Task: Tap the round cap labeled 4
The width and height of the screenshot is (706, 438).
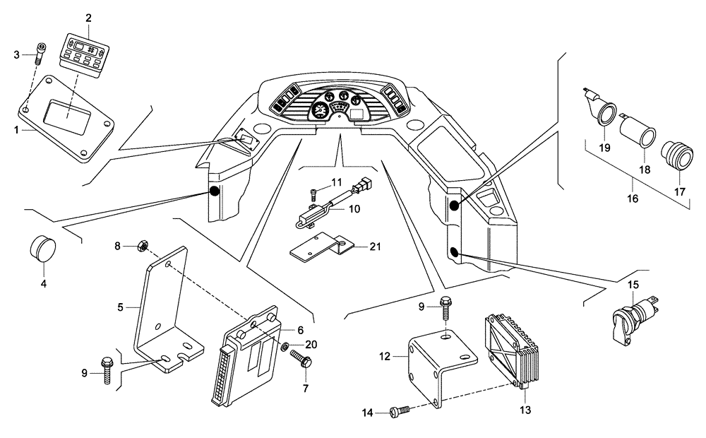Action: click(44, 248)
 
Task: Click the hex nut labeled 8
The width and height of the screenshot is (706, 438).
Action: click(140, 246)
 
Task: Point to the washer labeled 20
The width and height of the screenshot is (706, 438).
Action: click(283, 348)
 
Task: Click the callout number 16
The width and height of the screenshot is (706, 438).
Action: click(633, 199)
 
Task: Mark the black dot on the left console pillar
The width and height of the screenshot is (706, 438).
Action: click(214, 191)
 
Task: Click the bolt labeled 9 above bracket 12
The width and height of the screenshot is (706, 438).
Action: click(447, 309)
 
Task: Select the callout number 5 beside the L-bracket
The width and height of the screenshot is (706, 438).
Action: click(120, 307)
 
